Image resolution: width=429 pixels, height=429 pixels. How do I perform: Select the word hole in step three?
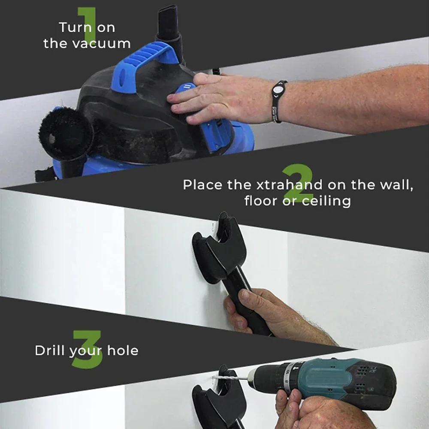123,350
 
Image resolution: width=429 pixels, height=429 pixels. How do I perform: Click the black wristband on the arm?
278,101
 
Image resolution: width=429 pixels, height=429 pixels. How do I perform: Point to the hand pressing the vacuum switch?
202,99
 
